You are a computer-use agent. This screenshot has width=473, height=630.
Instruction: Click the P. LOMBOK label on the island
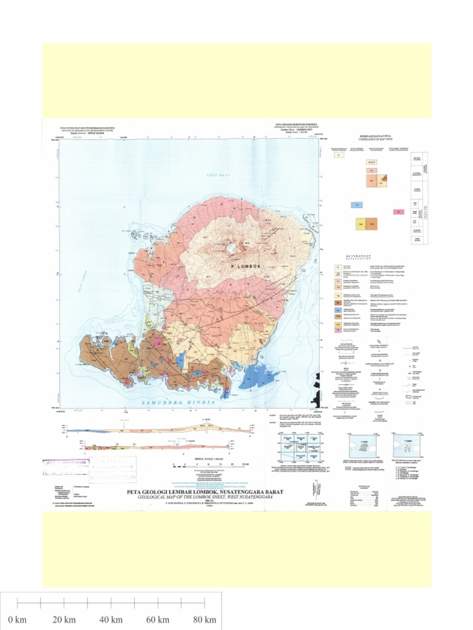246,266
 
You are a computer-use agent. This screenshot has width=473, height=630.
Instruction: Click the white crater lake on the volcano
232,249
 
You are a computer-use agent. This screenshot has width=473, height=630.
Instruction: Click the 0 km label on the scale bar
17,619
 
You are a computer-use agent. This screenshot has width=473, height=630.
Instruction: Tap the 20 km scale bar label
64,619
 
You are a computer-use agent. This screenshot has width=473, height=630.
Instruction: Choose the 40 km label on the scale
111,619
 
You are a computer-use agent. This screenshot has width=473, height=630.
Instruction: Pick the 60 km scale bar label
158,619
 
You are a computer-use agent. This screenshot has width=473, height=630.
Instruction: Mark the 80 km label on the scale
204,619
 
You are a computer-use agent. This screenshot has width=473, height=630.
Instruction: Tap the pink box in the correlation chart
398,212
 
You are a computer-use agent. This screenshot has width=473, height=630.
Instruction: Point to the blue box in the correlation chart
355,205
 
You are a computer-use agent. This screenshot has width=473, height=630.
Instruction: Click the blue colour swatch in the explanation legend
338,311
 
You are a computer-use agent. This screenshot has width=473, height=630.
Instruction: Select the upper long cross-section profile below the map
160,430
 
